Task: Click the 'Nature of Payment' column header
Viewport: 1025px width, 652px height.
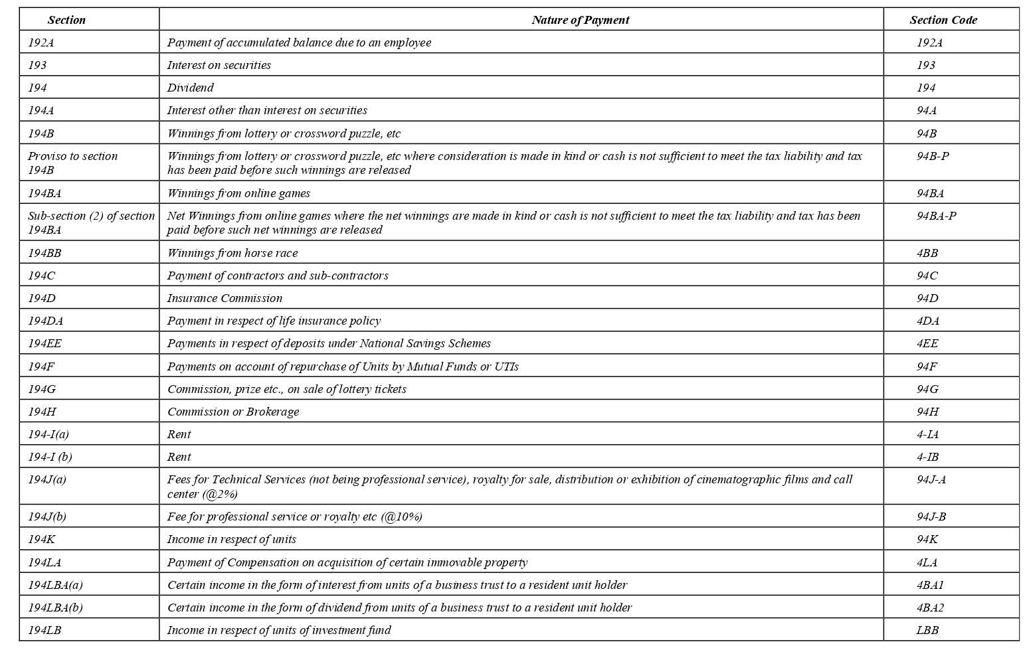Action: (580, 20)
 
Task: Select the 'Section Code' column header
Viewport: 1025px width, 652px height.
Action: (943, 20)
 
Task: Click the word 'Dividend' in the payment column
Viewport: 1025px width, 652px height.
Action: (190, 88)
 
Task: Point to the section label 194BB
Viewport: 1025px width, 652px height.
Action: (45, 253)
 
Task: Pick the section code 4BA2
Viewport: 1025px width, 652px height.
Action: (930, 608)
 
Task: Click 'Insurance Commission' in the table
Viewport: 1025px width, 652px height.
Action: (225, 298)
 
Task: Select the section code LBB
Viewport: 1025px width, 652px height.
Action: (927, 630)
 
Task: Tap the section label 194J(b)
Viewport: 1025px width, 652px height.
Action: (47, 517)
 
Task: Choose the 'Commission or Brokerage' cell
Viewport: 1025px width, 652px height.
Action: (233, 412)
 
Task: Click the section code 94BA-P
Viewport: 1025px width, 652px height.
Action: (936, 216)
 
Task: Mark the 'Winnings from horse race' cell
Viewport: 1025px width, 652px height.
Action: (233, 253)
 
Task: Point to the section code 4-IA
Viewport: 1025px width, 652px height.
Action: (927, 434)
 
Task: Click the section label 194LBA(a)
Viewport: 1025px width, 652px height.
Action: (55, 585)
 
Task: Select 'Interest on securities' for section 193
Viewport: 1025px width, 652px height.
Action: (219, 65)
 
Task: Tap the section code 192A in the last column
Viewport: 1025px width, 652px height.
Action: (929, 42)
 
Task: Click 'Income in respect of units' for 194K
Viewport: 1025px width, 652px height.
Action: (232, 539)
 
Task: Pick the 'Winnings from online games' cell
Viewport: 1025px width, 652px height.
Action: (238, 193)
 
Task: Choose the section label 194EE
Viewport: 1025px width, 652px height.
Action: (45, 343)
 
